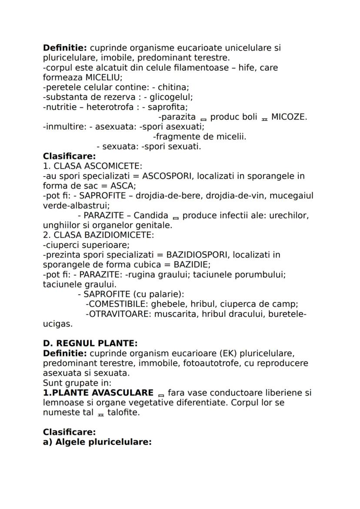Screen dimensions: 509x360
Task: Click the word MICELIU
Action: [x=103, y=77]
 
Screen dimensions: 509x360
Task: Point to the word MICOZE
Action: [x=289, y=117]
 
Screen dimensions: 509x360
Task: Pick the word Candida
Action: [x=151, y=215]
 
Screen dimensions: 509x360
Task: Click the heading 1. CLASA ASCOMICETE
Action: [x=93, y=166]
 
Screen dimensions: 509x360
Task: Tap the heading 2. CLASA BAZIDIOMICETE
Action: [x=98, y=235]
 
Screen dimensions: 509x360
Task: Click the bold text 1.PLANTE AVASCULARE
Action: [x=98, y=393]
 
